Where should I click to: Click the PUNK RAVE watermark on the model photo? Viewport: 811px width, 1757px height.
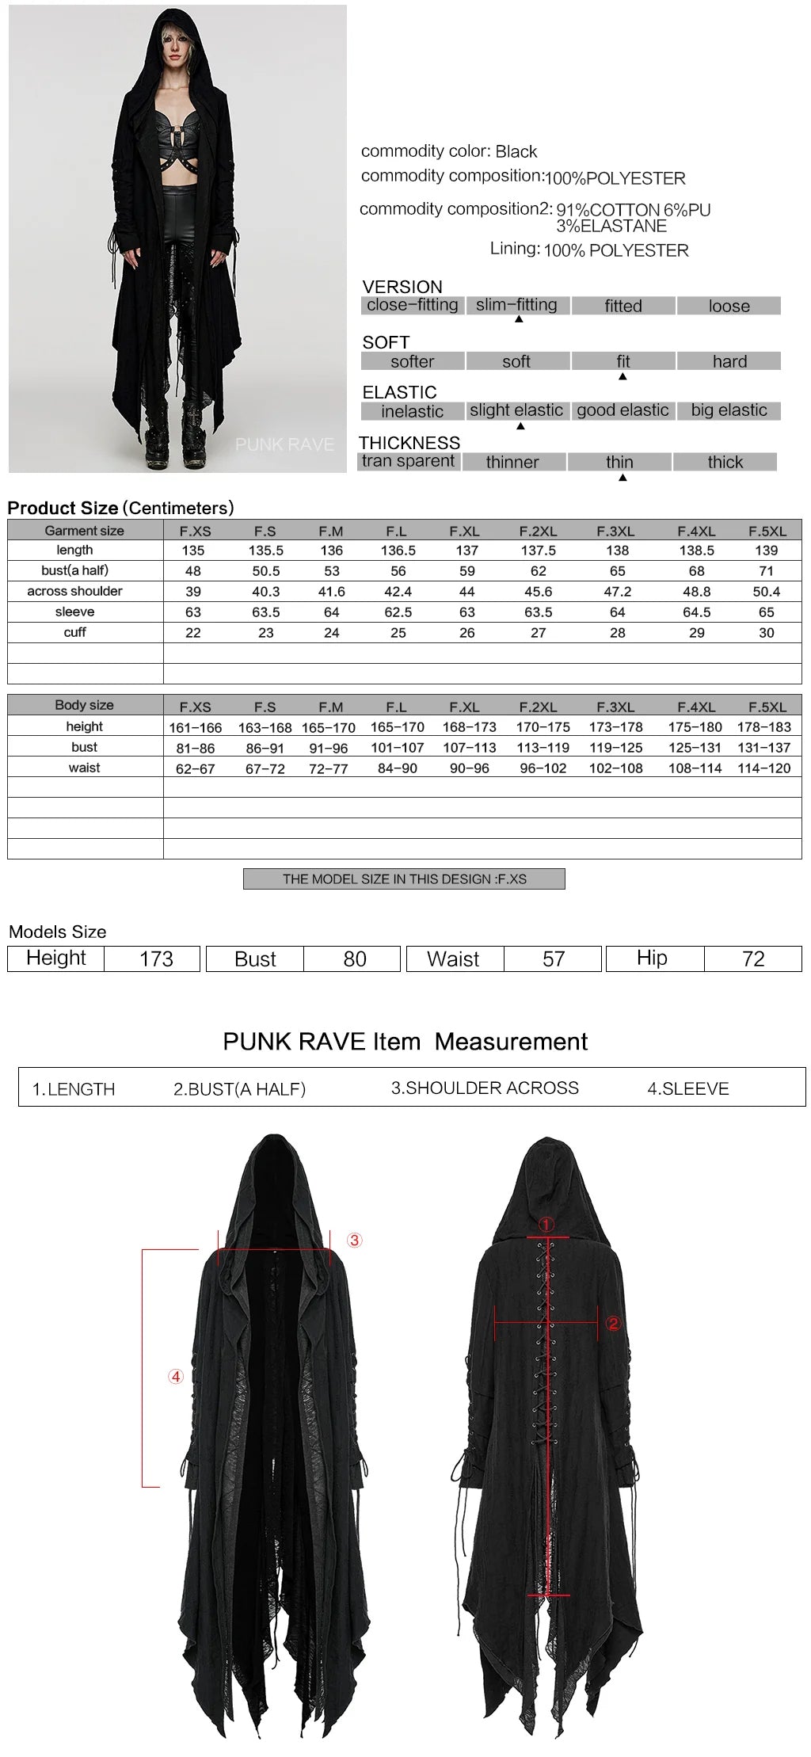tap(284, 445)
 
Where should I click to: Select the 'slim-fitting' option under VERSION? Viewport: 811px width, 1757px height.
tap(516, 305)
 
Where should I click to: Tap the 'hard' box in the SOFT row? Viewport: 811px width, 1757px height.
tap(729, 361)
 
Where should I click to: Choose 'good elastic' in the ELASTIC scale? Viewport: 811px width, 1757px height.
tap(623, 410)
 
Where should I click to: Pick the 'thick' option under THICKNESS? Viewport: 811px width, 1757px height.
tap(725, 462)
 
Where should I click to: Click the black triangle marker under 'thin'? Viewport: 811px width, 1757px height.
tap(623, 478)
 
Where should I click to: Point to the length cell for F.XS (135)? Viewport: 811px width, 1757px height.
tap(193, 551)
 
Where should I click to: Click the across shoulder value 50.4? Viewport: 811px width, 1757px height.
tap(766, 592)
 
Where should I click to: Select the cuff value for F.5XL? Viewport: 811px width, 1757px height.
tap(766, 633)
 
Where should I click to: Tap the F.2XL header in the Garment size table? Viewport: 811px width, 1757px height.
tap(538, 532)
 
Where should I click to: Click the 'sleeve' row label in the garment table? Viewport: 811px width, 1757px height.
tap(74, 612)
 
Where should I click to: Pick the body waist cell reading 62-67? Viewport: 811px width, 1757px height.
tap(196, 768)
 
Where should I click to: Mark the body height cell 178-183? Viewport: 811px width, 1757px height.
tap(763, 727)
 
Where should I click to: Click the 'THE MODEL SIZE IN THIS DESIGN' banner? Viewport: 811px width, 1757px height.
tap(404, 879)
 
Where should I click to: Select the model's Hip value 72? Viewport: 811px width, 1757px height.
tap(753, 959)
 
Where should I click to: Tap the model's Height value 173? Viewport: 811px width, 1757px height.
tap(156, 959)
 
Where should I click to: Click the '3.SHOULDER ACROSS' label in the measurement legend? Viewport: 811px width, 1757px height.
tap(485, 1088)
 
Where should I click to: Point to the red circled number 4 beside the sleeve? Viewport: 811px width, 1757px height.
tap(176, 1377)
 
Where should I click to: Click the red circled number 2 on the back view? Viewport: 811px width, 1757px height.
tap(613, 1324)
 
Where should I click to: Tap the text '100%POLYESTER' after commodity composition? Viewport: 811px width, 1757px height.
tap(615, 179)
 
